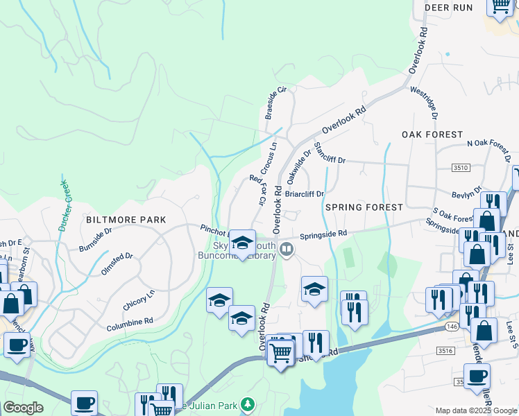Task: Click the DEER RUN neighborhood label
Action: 448,8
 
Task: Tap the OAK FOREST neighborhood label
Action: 432,134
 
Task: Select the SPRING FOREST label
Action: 364,207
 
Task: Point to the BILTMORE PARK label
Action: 126,220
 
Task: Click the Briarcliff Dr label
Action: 305,195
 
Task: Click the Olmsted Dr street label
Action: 117,264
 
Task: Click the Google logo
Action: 23,408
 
